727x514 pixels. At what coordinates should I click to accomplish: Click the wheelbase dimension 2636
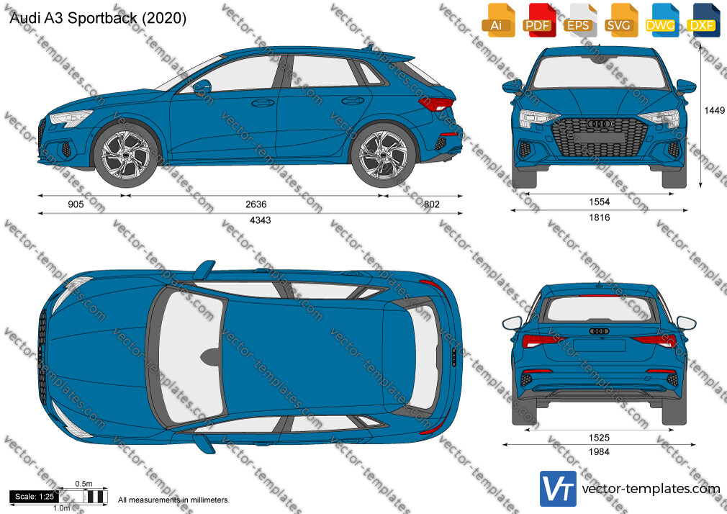[x=256, y=204]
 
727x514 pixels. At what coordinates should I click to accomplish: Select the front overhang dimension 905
[x=76, y=204]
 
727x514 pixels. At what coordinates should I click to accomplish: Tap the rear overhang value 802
[x=431, y=204]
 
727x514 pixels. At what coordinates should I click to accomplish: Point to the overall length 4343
[x=260, y=220]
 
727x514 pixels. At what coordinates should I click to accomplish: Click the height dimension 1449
[x=714, y=110]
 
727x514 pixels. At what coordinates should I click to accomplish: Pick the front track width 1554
[x=599, y=202]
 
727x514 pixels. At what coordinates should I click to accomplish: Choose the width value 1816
[x=599, y=217]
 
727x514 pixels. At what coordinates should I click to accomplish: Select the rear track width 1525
[x=599, y=438]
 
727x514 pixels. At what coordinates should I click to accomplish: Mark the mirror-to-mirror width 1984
[x=599, y=452]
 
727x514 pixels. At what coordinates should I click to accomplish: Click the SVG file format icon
[x=620, y=20]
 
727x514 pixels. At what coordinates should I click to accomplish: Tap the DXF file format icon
[x=702, y=20]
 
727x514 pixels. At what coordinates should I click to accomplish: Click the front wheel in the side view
[x=126, y=155]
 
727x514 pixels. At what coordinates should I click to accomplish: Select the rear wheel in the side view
[x=383, y=155]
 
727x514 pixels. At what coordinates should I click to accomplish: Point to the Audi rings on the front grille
[x=599, y=124]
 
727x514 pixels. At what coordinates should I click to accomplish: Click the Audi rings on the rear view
[x=599, y=330]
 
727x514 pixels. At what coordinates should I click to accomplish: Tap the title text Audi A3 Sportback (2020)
[x=98, y=18]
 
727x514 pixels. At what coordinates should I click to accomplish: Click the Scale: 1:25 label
[x=35, y=497]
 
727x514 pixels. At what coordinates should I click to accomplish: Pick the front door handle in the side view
[x=263, y=102]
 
